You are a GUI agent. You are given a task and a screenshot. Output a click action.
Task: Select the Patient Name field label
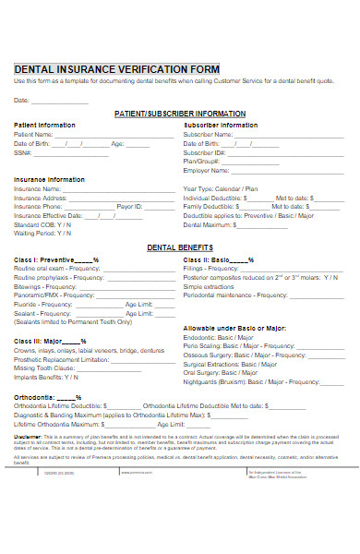tap(33, 134)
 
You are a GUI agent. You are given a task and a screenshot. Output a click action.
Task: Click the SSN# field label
tap(22, 153)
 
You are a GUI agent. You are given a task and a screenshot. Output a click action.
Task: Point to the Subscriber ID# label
tap(204, 153)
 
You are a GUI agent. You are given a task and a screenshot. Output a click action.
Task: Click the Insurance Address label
tap(41, 198)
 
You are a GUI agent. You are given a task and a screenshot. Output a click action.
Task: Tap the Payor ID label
tap(128, 207)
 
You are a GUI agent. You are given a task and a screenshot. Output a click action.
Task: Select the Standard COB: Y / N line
tap(42, 224)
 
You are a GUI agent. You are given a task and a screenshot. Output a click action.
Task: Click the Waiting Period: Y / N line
tap(42, 234)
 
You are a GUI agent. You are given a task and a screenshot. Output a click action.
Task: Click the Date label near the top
tap(21, 99)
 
